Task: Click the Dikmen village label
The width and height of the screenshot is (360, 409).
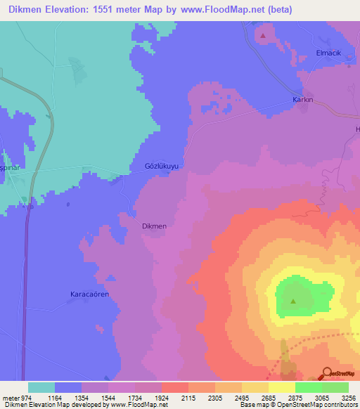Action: (154, 226)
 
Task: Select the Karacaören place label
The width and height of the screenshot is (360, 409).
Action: (90, 294)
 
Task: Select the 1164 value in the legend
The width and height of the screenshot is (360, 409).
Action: (55, 398)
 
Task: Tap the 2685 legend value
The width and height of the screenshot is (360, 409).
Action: (269, 398)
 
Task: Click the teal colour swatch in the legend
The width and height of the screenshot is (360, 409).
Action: (41, 387)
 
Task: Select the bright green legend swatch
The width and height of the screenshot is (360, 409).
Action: (309, 387)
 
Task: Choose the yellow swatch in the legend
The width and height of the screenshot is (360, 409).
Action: (282, 387)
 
